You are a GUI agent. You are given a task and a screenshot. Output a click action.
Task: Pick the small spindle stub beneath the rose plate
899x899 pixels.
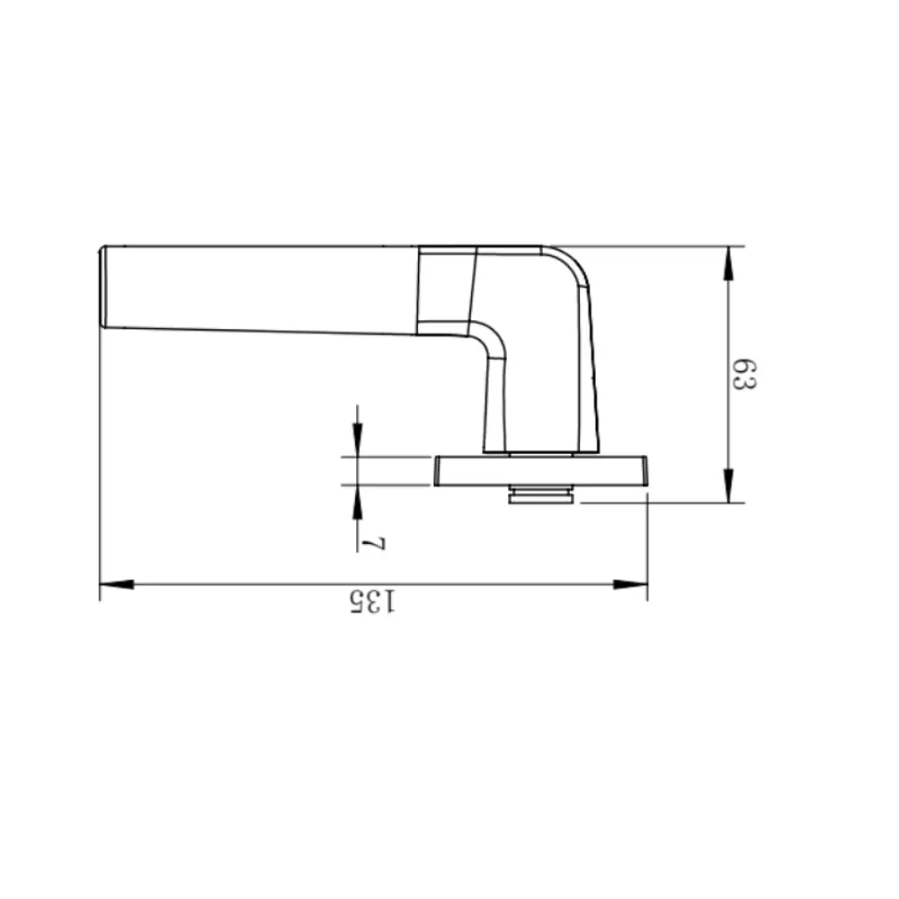click(x=541, y=495)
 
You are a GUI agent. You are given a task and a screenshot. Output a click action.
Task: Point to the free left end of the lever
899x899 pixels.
click(x=104, y=286)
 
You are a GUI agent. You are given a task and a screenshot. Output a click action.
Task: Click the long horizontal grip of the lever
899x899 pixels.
click(x=261, y=288)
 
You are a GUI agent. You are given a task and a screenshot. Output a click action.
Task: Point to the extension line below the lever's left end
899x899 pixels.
click(x=99, y=449)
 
